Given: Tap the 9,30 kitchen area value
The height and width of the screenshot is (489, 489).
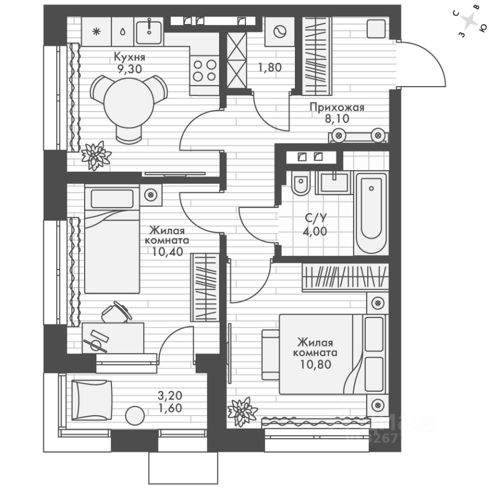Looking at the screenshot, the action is tap(126, 70).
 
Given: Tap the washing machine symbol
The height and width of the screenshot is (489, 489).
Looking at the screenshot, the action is tap(279, 32).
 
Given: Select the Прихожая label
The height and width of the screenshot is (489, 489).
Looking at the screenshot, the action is tap(337, 107).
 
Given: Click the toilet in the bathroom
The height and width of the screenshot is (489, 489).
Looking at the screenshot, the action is tap(301, 184).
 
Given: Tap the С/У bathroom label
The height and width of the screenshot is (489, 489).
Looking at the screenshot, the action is tap(315, 218).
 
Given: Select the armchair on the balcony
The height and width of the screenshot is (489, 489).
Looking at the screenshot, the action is tap(91, 399).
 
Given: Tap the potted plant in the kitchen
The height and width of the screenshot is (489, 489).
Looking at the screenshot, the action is tap(95, 155).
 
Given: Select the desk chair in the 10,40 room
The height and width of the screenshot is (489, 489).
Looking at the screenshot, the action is tap(116, 312).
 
